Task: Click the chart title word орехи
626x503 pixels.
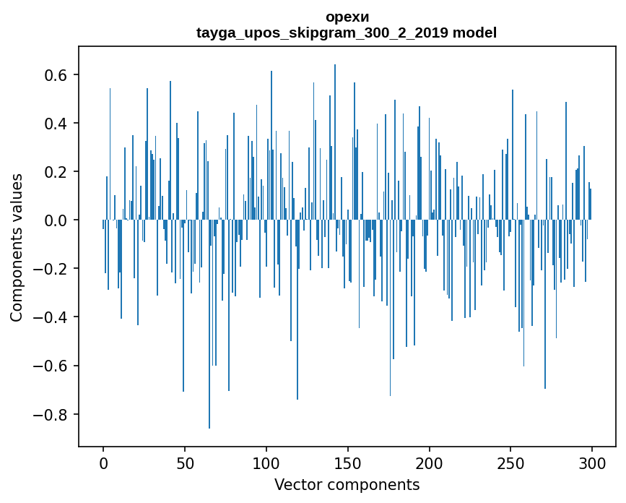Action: click(347, 17)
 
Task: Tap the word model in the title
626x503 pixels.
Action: click(474, 33)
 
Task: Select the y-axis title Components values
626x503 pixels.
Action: click(17, 247)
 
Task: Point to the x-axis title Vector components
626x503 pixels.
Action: click(347, 484)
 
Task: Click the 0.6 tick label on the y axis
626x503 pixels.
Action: click(53, 75)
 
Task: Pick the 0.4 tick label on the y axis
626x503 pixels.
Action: click(53, 124)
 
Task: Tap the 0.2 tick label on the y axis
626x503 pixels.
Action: click(53, 172)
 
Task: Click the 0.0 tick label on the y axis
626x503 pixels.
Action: click(53, 220)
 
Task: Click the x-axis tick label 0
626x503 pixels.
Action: click(103, 463)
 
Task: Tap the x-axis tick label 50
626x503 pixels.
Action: click(185, 463)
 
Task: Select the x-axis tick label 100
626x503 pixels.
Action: click(266, 463)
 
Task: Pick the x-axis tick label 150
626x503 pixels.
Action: click(348, 463)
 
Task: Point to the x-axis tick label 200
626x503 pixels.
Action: click(430, 463)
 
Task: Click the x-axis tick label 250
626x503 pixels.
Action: click(511, 463)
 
